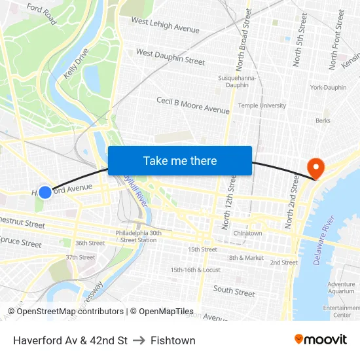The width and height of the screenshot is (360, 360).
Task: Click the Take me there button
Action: (x=180, y=160)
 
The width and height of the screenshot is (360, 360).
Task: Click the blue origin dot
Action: (x=45, y=192)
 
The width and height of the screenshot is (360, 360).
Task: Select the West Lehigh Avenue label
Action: (x=165, y=25)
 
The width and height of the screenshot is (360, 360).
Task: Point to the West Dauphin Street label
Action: (x=170, y=56)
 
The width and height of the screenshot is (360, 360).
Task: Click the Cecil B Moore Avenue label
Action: (x=192, y=105)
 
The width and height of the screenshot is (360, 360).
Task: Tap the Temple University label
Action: (x=262, y=105)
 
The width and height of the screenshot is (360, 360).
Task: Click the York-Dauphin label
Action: (x=328, y=87)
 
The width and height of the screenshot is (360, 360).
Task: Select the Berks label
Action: (x=323, y=120)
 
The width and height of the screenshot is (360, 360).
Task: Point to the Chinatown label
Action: (x=248, y=233)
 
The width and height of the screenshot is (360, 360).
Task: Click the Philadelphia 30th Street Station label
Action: (x=138, y=236)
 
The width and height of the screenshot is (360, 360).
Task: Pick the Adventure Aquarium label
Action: (x=341, y=288)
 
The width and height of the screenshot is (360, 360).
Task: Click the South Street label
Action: (x=234, y=291)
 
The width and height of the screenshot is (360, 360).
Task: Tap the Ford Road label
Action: (x=42, y=15)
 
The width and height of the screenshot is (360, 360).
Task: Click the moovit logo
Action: (x=320, y=339)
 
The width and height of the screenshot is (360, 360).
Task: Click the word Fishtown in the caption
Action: (x=173, y=340)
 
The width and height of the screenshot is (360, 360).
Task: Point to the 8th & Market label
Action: (x=246, y=258)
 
